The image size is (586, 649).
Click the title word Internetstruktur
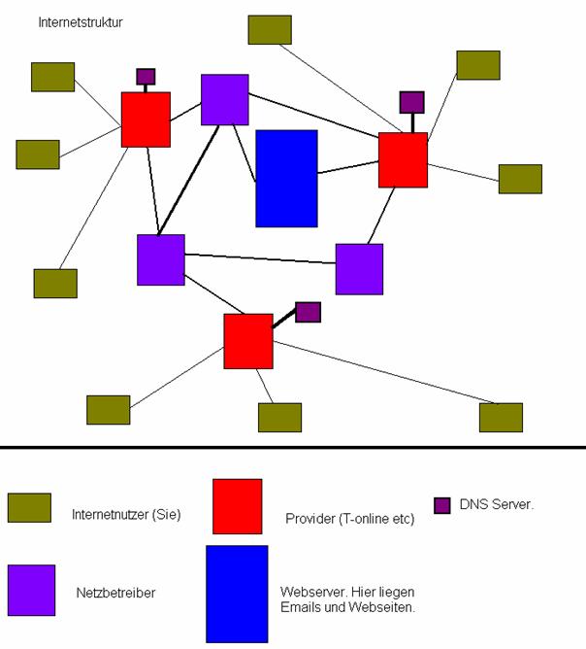[x=81, y=20]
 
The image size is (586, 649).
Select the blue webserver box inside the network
[x=286, y=178]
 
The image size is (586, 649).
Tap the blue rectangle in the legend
[x=237, y=593]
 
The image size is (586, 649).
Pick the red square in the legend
[x=238, y=505]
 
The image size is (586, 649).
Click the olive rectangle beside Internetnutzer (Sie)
[x=29, y=507]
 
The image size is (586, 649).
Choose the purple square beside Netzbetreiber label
[x=31, y=591]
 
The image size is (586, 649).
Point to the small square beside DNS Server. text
[x=442, y=505]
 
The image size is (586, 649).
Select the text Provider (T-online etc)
[x=350, y=519]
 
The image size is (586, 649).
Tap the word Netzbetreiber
[x=114, y=591]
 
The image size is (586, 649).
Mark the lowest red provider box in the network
[x=248, y=341]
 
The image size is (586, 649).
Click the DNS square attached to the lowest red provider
[x=308, y=312]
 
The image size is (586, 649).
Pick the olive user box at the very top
[x=270, y=30]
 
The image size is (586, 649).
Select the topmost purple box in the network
[x=225, y=99]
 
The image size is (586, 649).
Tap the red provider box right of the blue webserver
[x=403, y=159]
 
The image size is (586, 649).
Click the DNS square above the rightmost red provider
[x=412, y=102]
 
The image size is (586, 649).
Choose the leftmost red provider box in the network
[x=146, y=120]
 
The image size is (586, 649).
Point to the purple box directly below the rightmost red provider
[x=359, y=269]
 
